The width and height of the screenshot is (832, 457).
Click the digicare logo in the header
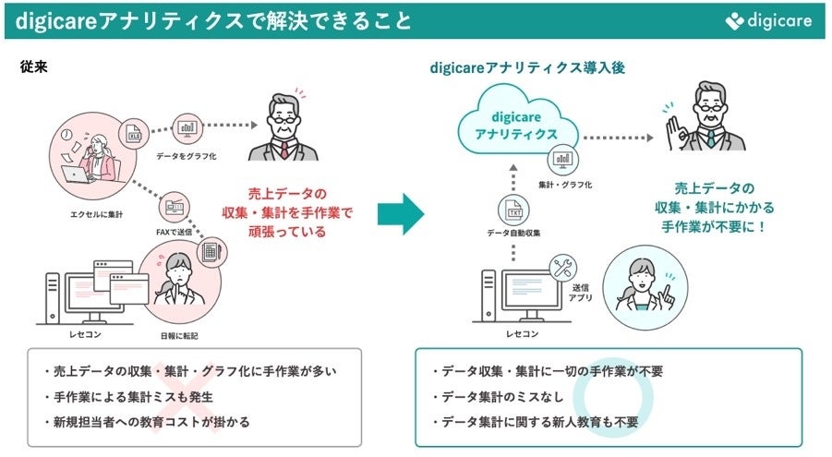(x=772, y=20)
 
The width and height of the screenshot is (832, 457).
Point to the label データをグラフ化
(x=186, y=157)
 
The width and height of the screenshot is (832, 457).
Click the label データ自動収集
(x=512, y=233)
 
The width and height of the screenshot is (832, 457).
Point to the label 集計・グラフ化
(x=565, y=185)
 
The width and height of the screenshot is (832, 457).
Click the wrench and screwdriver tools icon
(x=561, y=269)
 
